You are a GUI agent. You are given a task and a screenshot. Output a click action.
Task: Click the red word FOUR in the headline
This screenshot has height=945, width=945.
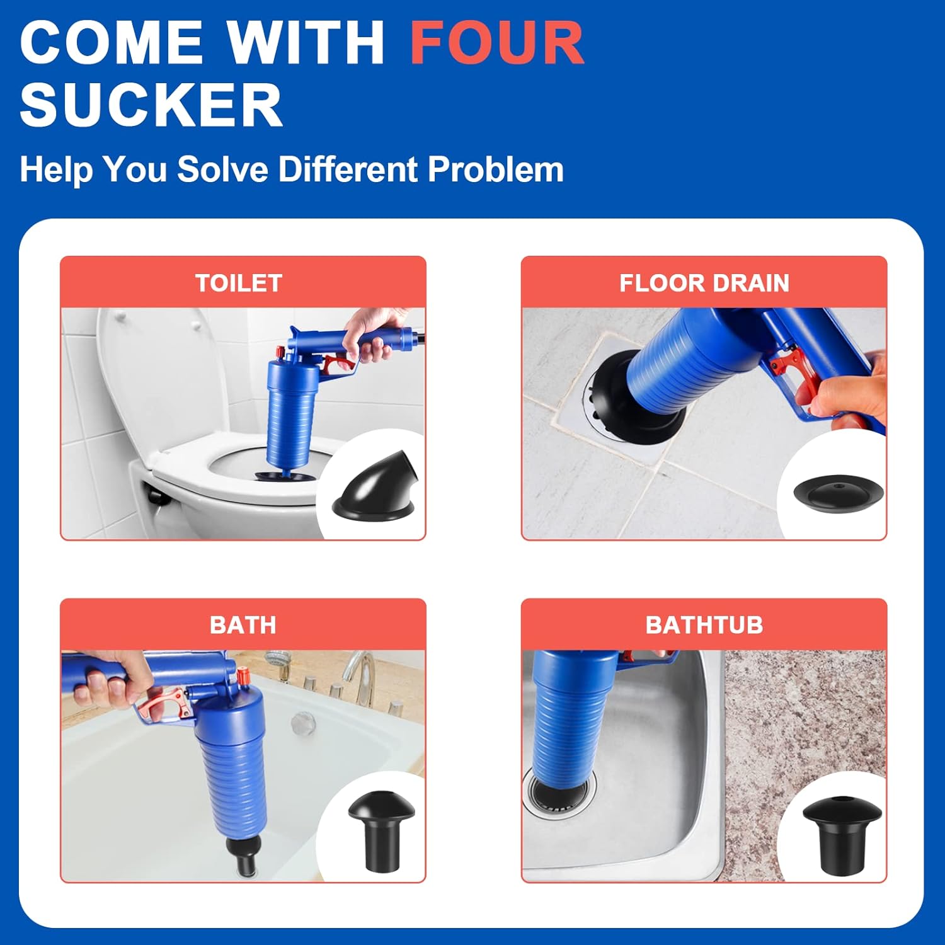tap(496, 43)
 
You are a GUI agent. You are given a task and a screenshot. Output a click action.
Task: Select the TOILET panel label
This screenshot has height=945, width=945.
tap(238, 283)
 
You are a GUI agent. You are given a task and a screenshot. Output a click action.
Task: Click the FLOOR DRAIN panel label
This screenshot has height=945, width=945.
tap(704, 283)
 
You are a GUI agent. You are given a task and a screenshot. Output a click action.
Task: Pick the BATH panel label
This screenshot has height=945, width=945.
tap(243, 625)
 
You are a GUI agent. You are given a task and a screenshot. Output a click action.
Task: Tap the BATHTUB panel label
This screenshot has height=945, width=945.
tap(704, 625)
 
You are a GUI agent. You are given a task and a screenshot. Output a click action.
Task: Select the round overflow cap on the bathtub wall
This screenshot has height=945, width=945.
tap(304, 722)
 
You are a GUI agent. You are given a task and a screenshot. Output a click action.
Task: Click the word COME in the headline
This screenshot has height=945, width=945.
tap(110, 43)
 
